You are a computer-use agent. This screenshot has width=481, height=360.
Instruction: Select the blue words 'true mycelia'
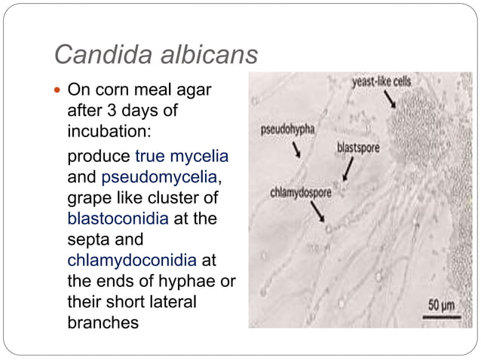tap(182, 157)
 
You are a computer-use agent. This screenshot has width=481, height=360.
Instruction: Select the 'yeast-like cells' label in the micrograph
tap(381, 81)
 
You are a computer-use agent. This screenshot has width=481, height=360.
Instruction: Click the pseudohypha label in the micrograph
tap(287, 129)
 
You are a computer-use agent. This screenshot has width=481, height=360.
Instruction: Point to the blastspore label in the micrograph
tap(358, 148)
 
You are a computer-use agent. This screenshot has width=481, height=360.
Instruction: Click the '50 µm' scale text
tap(443, 306)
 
